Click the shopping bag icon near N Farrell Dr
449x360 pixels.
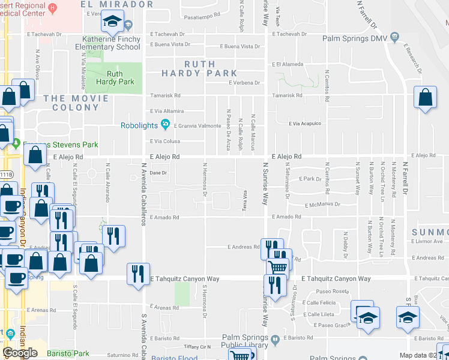(425, 100)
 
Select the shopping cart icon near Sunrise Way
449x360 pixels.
(277, 268)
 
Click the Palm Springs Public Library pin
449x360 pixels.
(275, 340)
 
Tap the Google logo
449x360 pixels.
(20, 353)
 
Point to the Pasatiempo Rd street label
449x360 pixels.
(190, 18)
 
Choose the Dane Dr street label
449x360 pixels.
(157, 173)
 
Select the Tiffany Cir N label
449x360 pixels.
(197, 347)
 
